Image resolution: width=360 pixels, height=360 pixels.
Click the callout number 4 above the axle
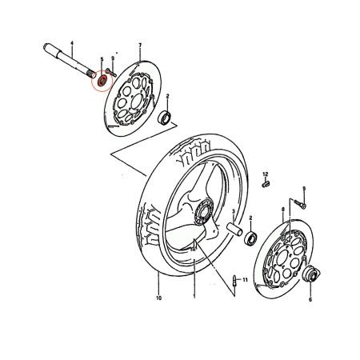click(x=72, y=42)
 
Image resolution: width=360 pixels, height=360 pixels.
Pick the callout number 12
click(x=266, y=174)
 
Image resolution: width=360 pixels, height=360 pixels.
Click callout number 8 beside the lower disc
click(x=261, y=209)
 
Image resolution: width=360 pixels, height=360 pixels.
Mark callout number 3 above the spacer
click(x=233, y=213)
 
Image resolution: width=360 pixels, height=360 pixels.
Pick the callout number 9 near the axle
click(x=113, y=59)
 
